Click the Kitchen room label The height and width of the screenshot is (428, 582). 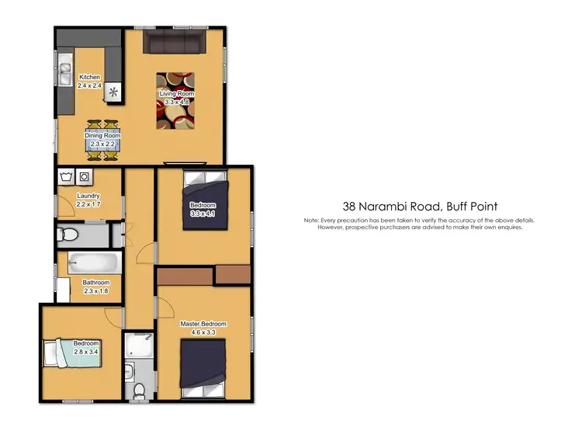pos(90,77)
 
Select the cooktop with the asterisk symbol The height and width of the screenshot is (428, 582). pos(114,92)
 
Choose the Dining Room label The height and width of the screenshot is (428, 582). pos(102,136)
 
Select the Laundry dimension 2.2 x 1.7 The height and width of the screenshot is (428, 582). pos(88,204)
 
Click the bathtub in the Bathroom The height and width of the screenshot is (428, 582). pos(92,263)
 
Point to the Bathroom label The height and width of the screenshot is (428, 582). pos(97,283)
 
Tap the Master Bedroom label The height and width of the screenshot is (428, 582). pos(203,323)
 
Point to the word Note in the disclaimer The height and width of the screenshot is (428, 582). pos(312,221)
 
